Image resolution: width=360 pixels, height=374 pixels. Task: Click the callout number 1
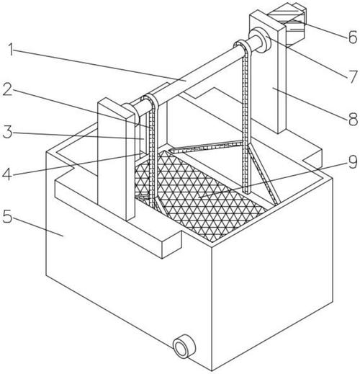point(11,50)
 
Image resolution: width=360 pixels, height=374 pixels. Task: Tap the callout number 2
point(8,89)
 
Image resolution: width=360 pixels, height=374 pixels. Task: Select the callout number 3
point(7,132)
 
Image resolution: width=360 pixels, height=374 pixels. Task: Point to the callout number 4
point(7,174)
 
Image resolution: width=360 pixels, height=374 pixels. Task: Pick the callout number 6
point(353,37)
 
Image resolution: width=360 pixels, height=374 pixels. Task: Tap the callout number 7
point(353,76)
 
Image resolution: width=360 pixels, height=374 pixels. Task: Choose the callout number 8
point(353,119)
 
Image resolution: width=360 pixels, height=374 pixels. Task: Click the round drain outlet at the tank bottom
point(183,347)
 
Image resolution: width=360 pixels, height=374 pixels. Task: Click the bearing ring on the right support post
point(261,40)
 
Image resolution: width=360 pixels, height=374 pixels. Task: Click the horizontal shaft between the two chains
point(197,72)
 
